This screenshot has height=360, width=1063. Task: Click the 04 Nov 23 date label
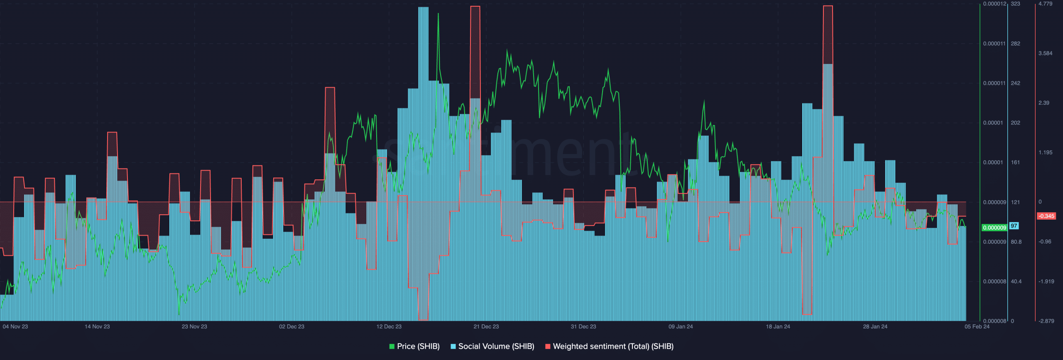point(15,327)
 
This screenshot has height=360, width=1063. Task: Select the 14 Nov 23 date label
point(97,327)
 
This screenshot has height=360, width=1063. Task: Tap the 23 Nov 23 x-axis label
point(194,327)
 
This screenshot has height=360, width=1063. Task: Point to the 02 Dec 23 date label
point(291,327)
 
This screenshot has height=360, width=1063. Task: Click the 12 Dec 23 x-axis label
point(389,327)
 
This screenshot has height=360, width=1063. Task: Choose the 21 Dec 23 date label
point(486,327)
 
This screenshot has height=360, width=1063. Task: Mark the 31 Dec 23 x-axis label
point(583,327)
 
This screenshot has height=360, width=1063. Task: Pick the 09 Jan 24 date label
point(681,327)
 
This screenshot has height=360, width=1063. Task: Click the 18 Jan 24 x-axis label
point(778,327)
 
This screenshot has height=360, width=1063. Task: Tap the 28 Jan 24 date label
point(875,327)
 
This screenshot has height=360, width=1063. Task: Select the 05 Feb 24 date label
point(977,327)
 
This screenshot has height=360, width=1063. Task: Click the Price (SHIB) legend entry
point(414,346)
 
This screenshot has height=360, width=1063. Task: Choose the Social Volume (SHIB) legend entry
point(492,346)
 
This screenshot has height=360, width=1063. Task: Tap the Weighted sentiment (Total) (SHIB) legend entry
point(609,346)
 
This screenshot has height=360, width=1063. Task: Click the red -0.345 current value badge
point(1046,216)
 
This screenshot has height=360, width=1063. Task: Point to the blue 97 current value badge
point(1014,226)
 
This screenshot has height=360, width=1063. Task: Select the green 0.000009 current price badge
point(994,228)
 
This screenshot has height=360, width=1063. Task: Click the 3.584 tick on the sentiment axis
point(1045,54)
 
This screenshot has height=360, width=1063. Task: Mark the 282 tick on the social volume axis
point(1015,44)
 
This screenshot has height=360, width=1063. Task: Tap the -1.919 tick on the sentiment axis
point(1046,282)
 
